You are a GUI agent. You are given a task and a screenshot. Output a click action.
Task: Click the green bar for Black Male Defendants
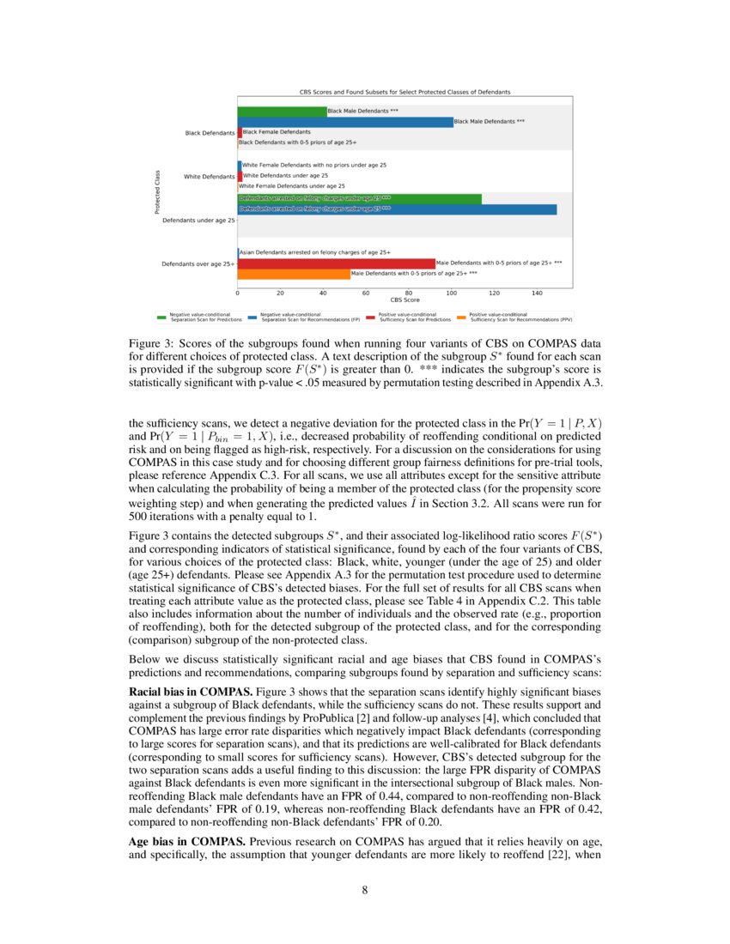(x=282, y=111)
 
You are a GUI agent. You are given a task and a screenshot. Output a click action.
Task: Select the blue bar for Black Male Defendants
(x=344, y=122)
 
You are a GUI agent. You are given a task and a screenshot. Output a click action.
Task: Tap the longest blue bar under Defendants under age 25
(x=397, y=209)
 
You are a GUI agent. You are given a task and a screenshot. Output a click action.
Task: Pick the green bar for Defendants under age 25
(x=359, y=198)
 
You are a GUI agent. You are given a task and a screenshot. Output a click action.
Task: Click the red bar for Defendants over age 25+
(x=336, y=263)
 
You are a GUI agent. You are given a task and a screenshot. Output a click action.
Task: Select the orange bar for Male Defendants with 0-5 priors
(x=294, y=274)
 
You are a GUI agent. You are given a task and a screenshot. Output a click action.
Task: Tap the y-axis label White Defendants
(x=210, y=177)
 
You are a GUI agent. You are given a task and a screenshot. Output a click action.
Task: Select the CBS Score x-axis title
(x=405, y=300)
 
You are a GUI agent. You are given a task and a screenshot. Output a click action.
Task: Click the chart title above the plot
(x=405, y=91)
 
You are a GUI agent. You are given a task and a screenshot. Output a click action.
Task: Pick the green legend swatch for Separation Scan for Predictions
(x=161, y=318)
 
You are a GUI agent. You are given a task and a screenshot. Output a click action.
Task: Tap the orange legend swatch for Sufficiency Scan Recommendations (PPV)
(x=461, y=318)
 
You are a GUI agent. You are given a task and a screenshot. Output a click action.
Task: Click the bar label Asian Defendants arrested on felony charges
(x=315, y=252)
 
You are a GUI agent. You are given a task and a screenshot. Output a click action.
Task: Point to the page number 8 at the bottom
(x=365, y=890)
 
